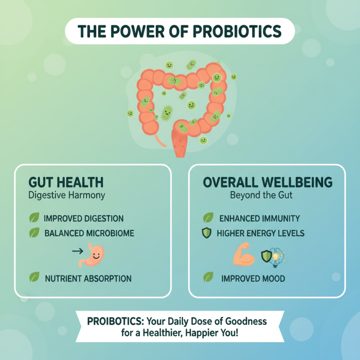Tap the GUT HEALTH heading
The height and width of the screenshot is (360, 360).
click(66, 182)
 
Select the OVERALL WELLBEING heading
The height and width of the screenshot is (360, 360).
click(268, 182)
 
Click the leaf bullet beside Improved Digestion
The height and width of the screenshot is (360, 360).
click(34, 219)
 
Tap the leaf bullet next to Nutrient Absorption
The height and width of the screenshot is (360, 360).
click(34, 278)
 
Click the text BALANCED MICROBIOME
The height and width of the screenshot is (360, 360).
click(89, 234)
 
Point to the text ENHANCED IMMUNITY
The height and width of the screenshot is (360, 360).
click(260, 219)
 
